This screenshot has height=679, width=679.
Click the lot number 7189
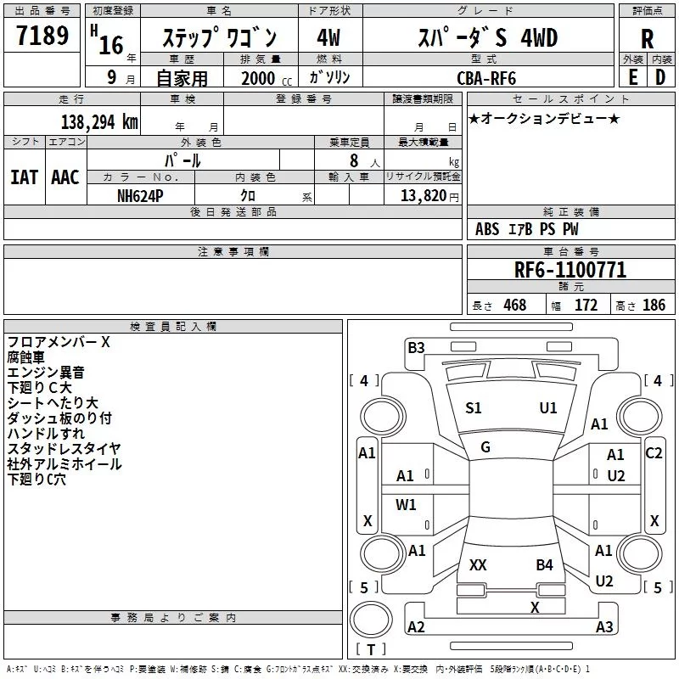42,35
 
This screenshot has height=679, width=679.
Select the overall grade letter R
647,39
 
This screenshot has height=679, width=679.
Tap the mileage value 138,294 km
99,122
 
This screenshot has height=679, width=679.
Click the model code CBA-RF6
486,78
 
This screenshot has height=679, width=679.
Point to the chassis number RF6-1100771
570,270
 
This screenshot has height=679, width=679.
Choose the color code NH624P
140,196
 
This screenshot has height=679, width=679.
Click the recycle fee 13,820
423,196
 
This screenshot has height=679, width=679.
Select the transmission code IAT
25,177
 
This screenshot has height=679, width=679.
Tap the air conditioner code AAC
65,177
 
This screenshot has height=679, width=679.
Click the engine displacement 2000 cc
267,78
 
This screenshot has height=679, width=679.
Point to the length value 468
515,305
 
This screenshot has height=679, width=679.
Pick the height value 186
654,305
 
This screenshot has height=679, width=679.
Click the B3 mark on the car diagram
416,348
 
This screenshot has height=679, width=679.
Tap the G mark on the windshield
485,447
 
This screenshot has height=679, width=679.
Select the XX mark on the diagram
478,564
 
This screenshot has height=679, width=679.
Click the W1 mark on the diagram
406,504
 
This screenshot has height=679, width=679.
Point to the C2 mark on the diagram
654,453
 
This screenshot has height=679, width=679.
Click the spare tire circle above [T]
371,619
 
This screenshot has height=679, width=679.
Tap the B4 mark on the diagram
544,564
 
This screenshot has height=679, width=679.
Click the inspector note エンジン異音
46,372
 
